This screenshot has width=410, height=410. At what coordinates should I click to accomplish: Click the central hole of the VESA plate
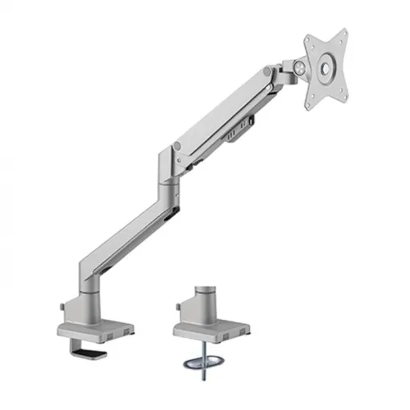pos(325,69)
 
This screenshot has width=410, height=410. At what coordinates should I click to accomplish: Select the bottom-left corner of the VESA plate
pos(308,106)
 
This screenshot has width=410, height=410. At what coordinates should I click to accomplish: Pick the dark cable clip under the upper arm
pos(240,126)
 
